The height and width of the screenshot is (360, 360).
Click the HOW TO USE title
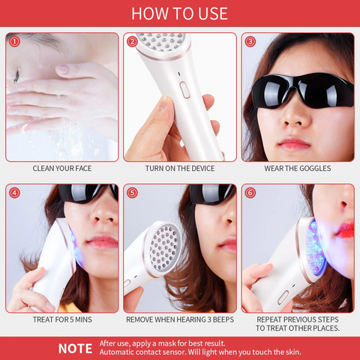point(179,13)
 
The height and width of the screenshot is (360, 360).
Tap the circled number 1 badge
point(14,42)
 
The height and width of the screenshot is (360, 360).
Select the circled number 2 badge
point(132,42)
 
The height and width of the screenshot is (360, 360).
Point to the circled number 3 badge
point(250,42)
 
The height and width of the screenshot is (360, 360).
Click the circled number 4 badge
point(14,193)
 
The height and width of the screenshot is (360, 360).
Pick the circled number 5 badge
point(132,193)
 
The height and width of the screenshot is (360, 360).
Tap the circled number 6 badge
point(250,193)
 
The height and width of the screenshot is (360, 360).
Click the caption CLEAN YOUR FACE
point(62,169)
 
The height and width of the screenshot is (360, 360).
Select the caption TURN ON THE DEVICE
point(180,169)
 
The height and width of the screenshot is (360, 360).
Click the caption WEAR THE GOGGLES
point(298,169)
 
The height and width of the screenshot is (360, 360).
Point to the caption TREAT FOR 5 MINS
point(62,319)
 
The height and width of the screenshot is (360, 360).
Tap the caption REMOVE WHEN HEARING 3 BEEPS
point(180,319)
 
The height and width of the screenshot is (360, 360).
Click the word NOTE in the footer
point(75,349)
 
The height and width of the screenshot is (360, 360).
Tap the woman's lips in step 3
point(294,143)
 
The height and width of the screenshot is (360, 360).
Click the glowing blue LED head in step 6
point(316,247)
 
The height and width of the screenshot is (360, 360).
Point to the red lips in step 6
point(345,232)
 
